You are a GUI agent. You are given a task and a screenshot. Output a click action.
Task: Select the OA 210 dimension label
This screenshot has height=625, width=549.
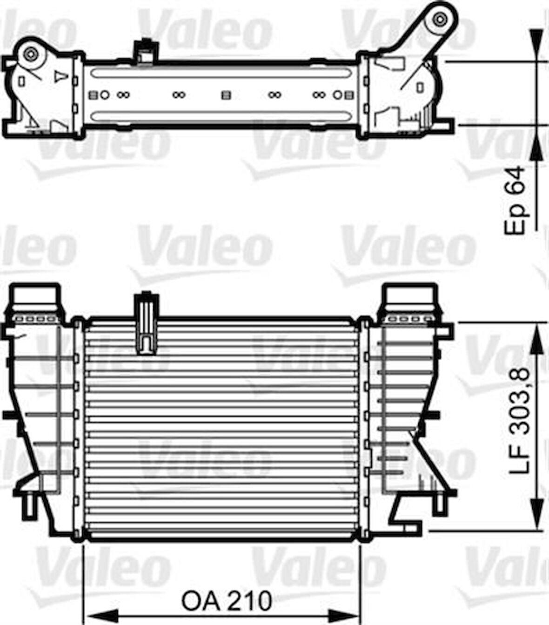[227, 601]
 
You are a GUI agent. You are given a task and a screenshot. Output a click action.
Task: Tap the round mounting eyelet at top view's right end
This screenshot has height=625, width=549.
[438, 20]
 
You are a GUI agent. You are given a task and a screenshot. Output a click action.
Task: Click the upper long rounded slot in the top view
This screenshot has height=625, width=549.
[221, 73]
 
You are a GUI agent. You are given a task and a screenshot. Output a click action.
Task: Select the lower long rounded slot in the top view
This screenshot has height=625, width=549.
[221, 116]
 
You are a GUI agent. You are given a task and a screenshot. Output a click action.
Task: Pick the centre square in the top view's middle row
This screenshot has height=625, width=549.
[226, 95]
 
